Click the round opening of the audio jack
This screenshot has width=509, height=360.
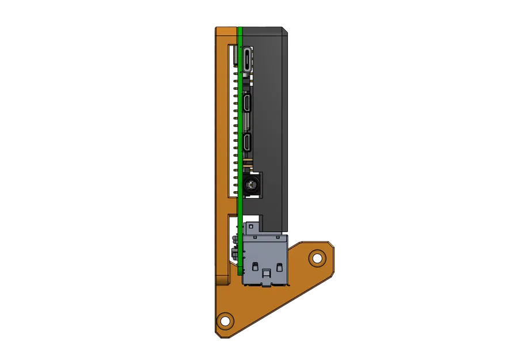[251, 185]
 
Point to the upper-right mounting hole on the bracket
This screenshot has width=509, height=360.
[316, 257]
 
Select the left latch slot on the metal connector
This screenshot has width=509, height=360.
[254, 267]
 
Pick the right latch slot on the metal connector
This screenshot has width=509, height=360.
[279, 267]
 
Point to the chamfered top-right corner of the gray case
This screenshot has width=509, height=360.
[284, 31]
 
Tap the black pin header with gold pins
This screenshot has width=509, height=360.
[235, 127]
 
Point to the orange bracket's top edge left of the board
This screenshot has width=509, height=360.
[226, 28]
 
